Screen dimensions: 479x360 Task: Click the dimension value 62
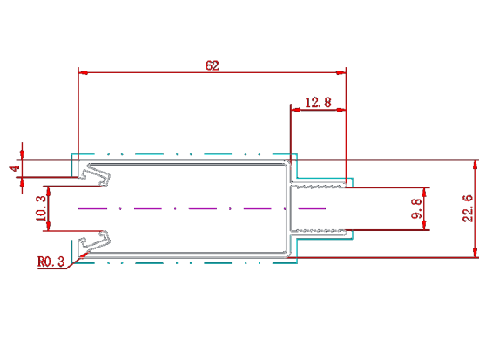[212, 65]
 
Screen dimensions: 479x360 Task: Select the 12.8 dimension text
[318, 103]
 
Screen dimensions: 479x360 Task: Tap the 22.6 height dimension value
[468, 208]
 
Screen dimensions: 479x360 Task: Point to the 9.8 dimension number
[416, 208]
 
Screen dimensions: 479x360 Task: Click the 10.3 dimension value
[41, 208]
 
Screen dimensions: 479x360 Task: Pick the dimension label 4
[15, 168]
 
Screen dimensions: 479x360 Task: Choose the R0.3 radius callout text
[51, 262]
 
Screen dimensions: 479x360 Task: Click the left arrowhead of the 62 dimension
[84, 73]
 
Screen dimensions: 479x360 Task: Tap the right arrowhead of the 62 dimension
[341, 73]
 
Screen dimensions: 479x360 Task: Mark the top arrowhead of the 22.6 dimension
[475, 165]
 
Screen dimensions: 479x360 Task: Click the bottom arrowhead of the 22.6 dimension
[475, 253]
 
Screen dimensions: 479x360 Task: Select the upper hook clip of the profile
[95, 175]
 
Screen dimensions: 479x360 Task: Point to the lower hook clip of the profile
[95, 242]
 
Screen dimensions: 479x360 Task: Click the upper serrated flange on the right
[318, 185]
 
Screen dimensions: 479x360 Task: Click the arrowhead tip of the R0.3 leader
[89, 251]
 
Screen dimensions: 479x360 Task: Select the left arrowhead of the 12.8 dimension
[296, 110]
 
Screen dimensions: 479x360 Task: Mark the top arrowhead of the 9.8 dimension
[424, 193]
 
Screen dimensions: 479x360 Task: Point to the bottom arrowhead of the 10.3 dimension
[48, 226]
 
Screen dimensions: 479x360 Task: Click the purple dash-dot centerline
[202, 208]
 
